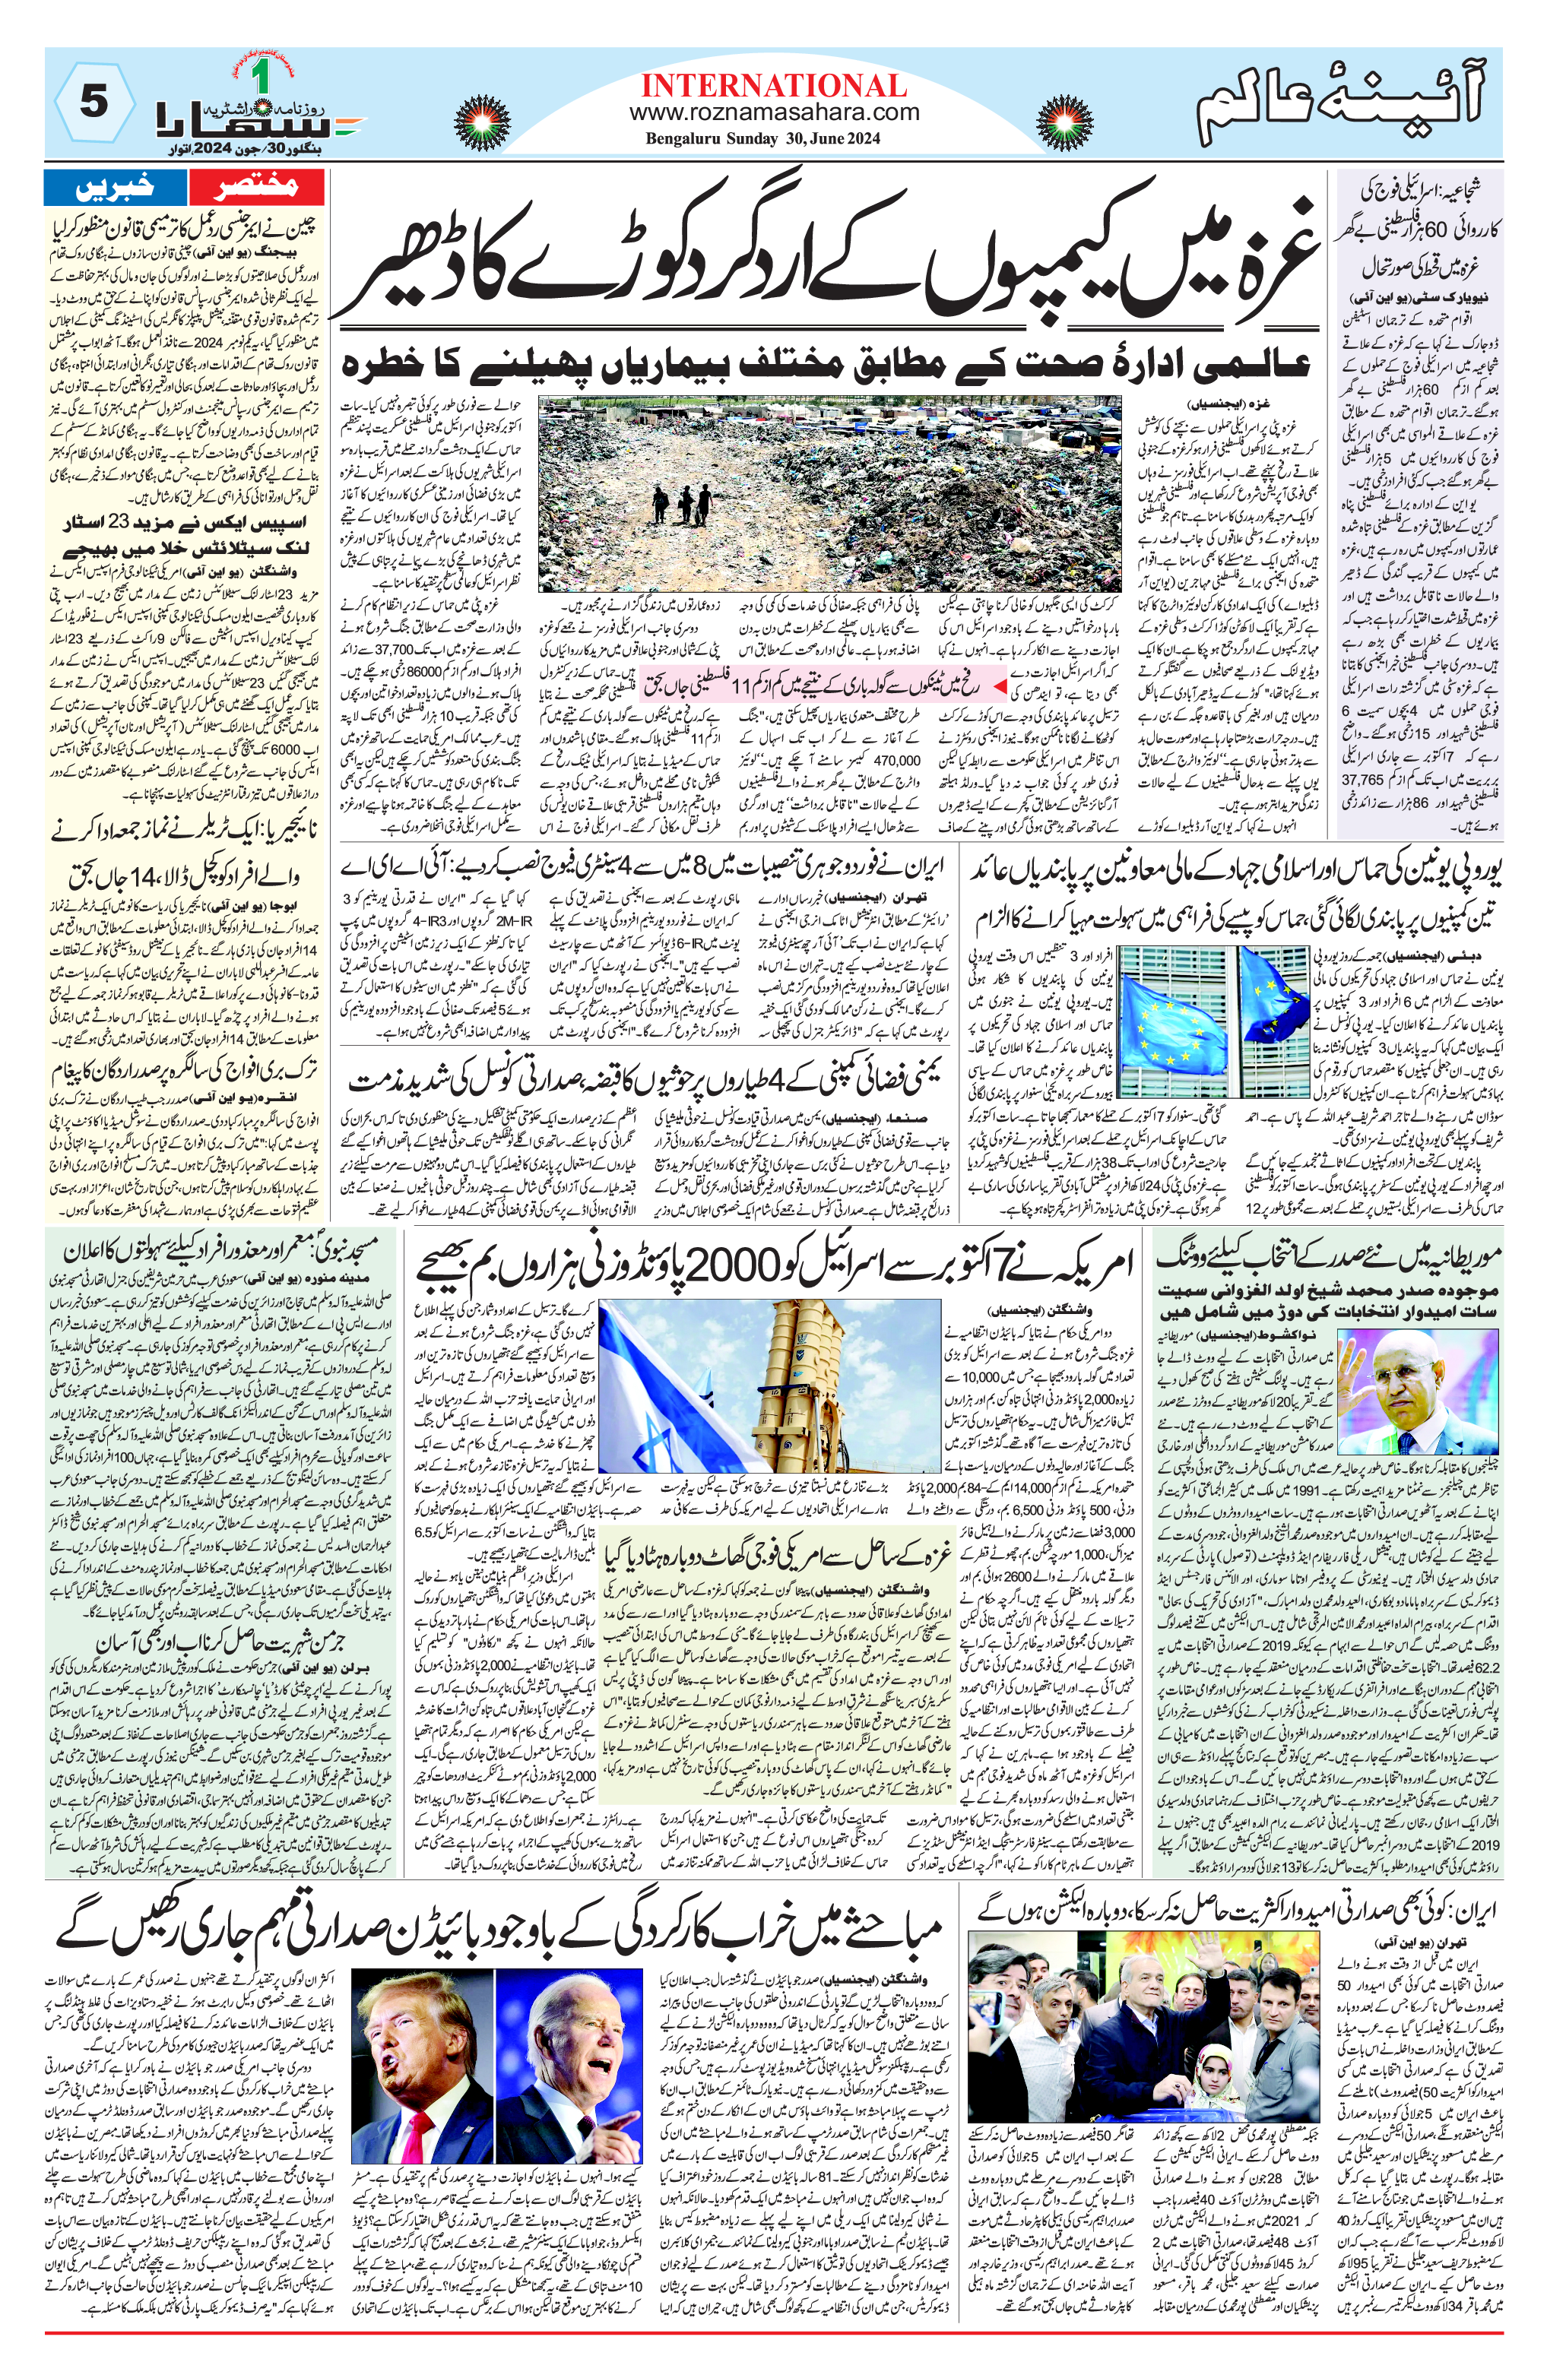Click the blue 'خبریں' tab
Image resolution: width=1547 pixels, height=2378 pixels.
[115, 186]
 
